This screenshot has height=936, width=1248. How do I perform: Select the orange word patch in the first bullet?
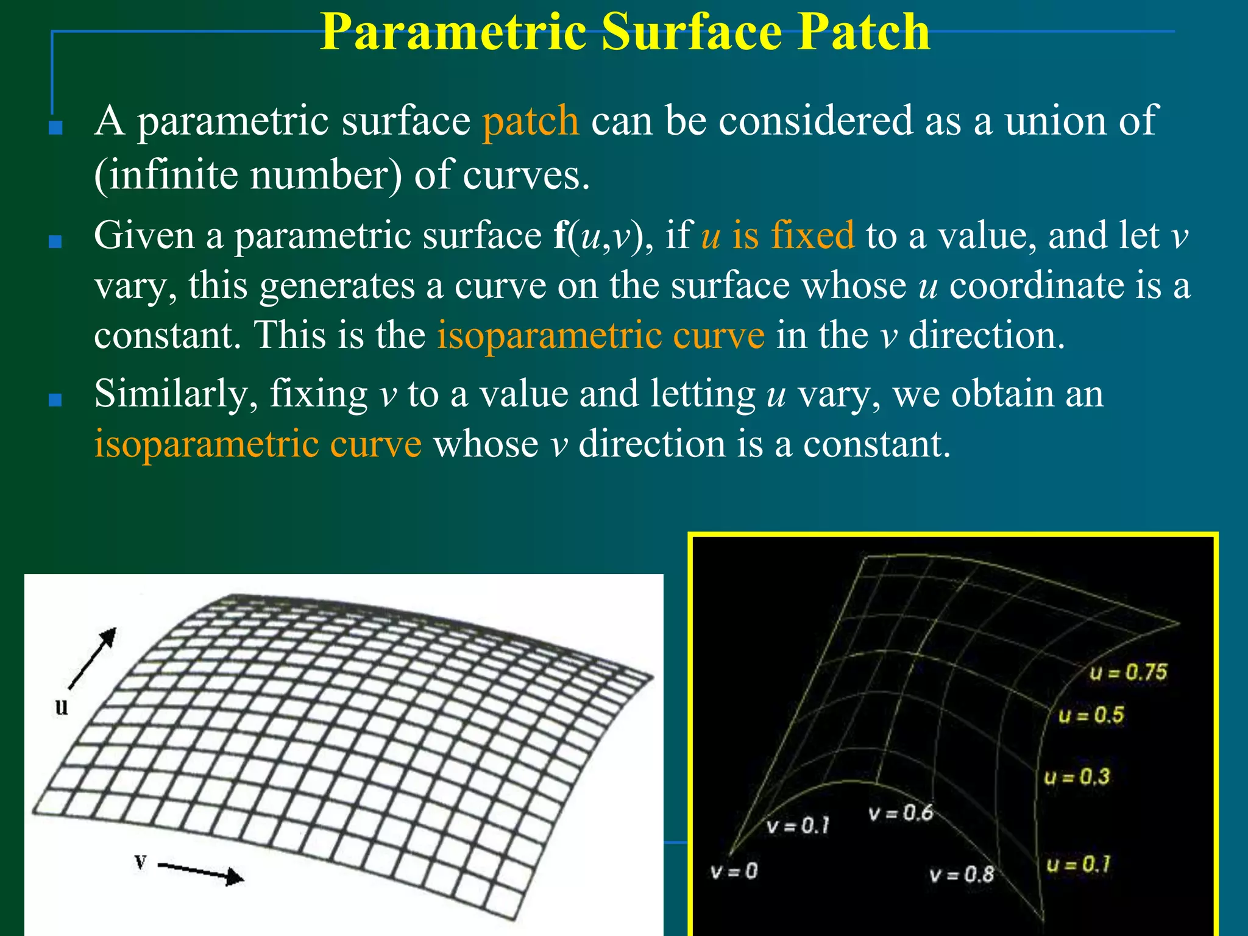(530, 121)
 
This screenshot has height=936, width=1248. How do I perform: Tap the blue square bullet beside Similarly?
(55, 400)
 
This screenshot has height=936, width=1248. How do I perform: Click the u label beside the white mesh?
(62, 707)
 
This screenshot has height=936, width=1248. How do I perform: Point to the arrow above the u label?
(92, 658)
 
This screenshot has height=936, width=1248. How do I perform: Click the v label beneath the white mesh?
(141, 862)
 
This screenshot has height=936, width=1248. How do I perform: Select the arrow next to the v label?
(201, 871)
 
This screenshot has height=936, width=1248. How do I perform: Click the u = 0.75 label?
(1128, 672)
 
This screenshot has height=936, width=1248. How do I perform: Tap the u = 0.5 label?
(1091, 715)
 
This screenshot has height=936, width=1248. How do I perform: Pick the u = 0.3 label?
(1077, 777)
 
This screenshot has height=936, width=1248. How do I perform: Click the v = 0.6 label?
(901, 813)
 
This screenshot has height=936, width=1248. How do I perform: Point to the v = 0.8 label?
(962, 875)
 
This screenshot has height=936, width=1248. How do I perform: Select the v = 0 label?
(734, 871)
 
